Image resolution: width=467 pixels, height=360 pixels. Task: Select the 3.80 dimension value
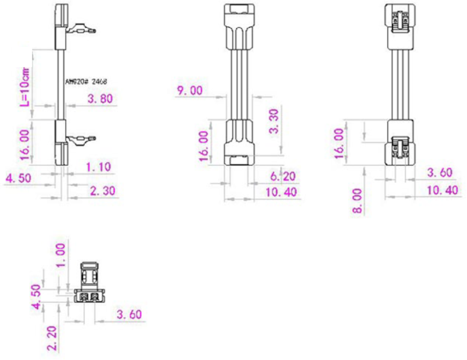(x=100, y=99)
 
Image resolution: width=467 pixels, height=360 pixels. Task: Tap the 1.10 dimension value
(x=98, y=167)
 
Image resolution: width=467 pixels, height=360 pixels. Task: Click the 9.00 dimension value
(x=190, y=91)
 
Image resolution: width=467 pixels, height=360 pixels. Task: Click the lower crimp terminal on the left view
(x=81, y=139)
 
